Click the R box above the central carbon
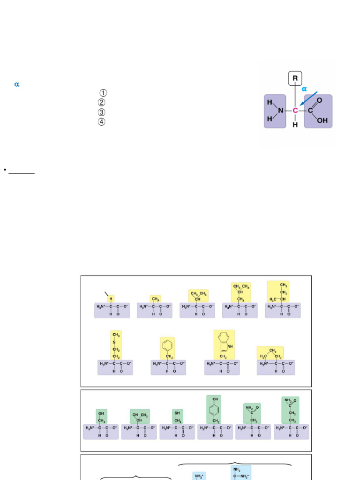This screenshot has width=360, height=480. [295, 78]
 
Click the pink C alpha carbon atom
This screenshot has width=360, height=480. [295, 111]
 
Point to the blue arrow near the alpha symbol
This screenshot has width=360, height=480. [308, 98]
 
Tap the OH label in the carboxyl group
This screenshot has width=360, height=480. [322, 120]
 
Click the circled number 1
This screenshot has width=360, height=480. [103, 93]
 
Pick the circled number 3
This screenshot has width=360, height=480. [102, 112]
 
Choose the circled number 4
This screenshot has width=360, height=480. [102, 122]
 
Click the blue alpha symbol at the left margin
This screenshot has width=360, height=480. [17, 84]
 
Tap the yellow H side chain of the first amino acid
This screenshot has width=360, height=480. [111, 299]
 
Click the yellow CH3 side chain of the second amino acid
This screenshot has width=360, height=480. [156, 299]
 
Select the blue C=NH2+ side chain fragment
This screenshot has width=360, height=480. [240, 474]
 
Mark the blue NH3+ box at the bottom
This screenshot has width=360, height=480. [199, 476]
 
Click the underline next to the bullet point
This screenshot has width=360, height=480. [22, 173]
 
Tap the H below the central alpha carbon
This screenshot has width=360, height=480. [295, 125]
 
